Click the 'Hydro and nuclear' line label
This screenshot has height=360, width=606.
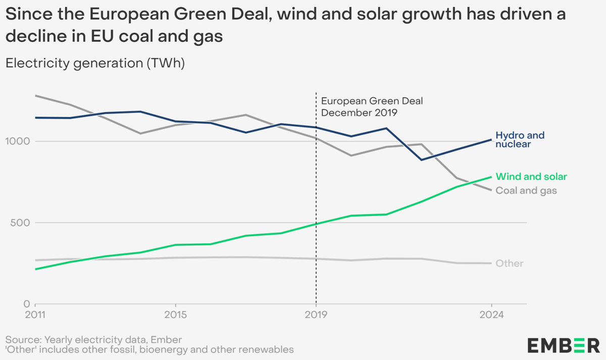tap(520, 140)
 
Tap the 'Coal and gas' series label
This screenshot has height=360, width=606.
tap(526, 190)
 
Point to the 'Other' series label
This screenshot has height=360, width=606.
tap(510, 264)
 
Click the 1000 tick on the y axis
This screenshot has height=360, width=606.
tap(17, 141)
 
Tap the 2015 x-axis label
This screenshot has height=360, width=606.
tap(175, 316)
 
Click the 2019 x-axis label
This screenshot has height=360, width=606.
tap(316, 316)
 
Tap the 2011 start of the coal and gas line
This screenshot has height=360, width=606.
tap(35, 95)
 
